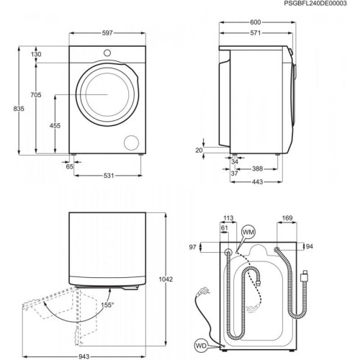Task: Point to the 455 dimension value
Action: pos(55,125)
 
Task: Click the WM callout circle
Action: pos(247,232)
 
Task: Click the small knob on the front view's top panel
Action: pos(107,52)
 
